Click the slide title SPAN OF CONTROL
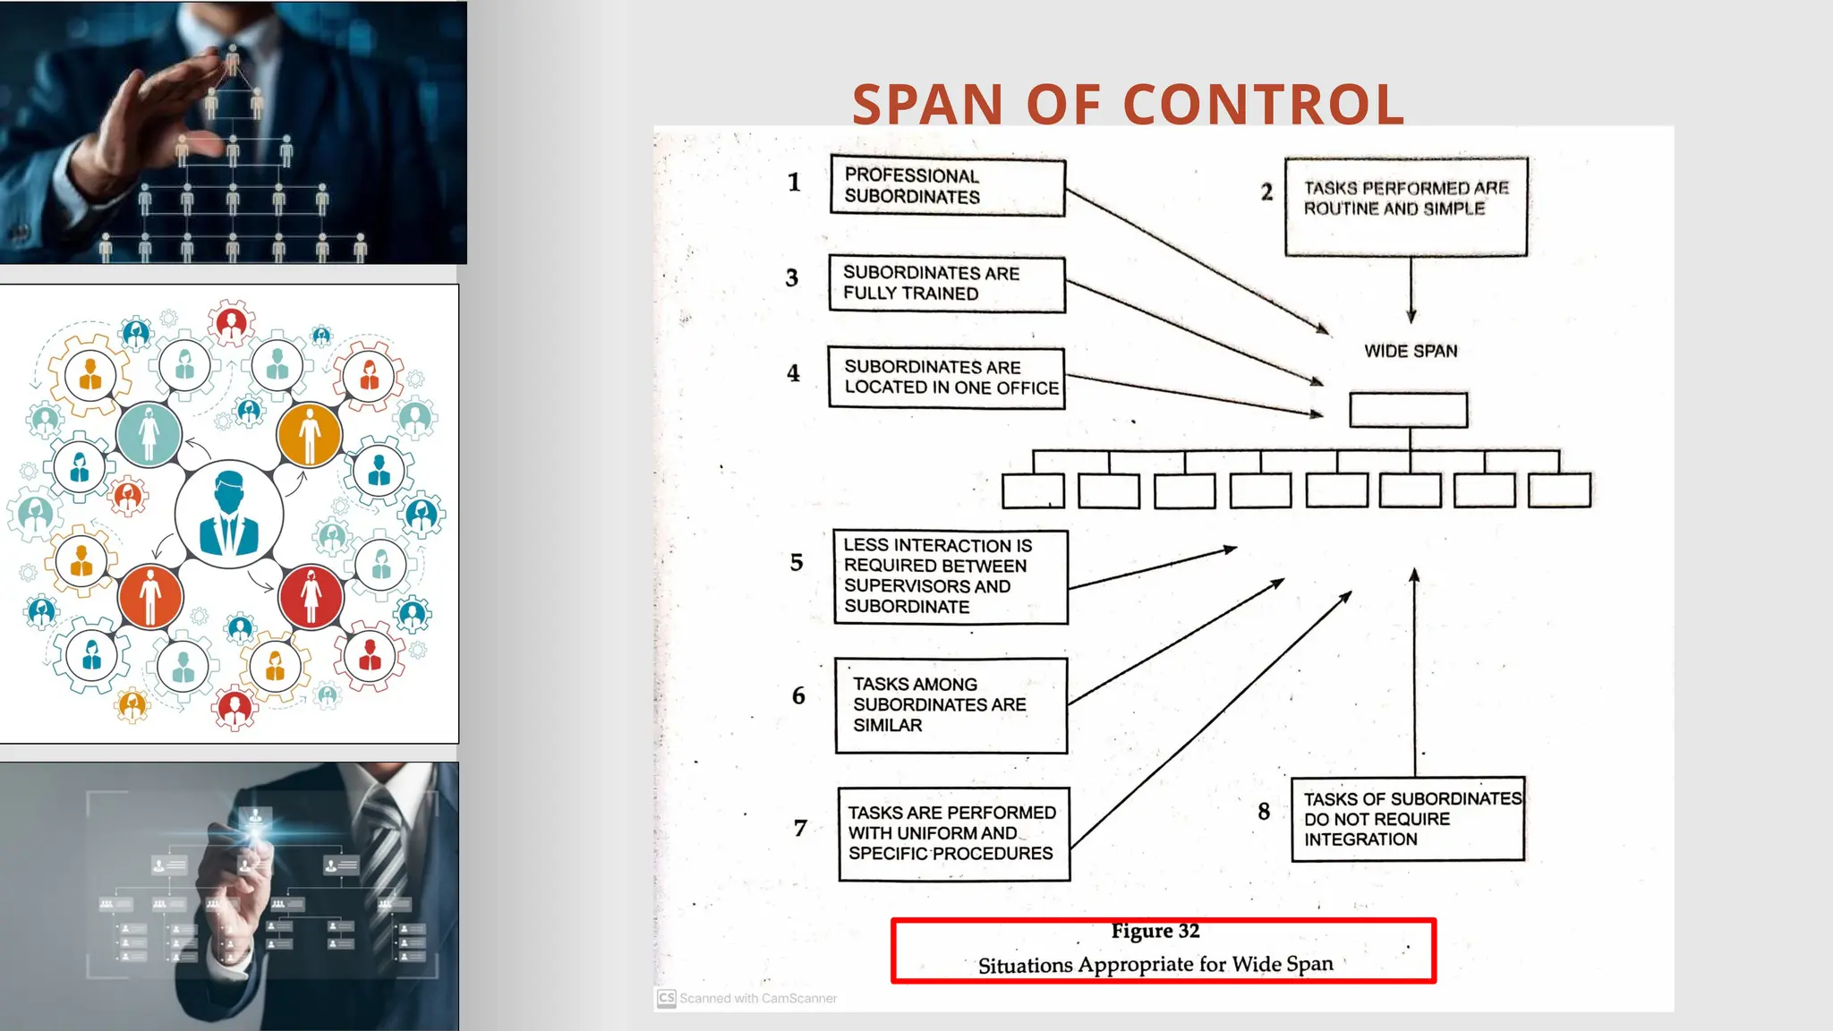(1128, 104)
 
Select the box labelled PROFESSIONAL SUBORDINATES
(947, 186)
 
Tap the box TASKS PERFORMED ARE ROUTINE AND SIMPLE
(1405, 207)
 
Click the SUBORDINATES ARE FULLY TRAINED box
(947, 284)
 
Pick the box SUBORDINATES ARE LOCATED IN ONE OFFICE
(947, 378)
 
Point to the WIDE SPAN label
(1411, 351)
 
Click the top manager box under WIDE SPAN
(1408, 410)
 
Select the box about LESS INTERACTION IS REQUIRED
(951, 576)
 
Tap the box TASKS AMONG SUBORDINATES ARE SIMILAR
(951, 705)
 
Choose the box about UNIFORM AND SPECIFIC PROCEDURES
(953, 833)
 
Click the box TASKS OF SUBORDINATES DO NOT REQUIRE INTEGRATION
(1408, 819)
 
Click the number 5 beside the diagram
(797, 562)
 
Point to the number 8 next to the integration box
(1264, 811)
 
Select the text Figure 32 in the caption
(1155, 931)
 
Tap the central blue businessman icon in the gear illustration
(229, 515)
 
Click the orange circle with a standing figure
(309, 434)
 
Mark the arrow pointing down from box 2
(1411, 289)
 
